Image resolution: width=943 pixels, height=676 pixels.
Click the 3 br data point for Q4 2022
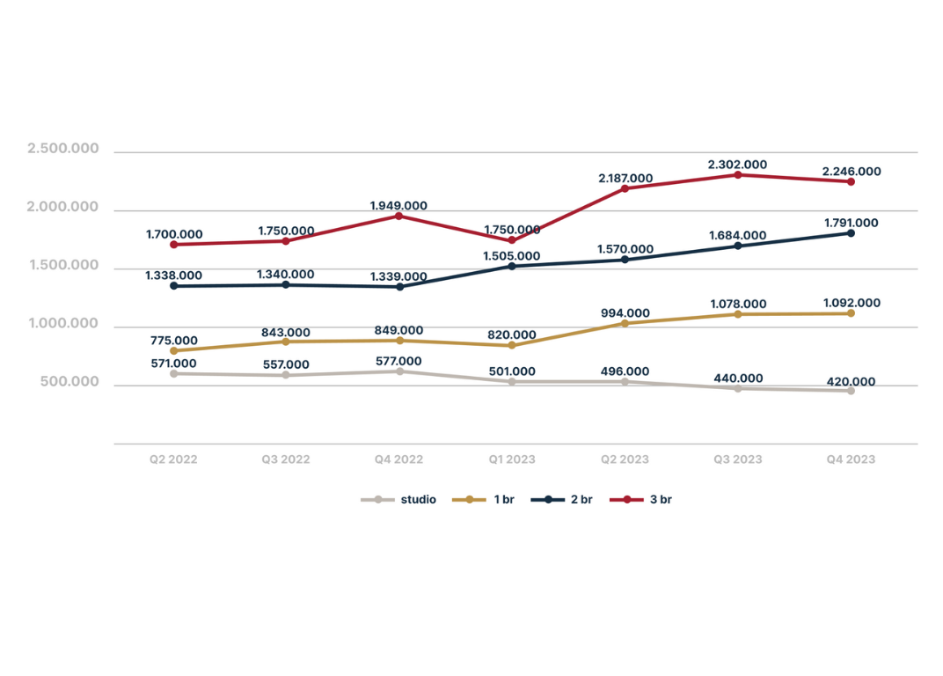click(398, 216)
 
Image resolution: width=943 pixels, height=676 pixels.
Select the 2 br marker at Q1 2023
click(512, 266)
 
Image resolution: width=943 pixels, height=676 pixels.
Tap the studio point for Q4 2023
click(851, 391)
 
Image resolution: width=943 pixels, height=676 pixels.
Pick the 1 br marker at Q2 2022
click(173, 350)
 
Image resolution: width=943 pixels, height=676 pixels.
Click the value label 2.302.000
click(737, 165)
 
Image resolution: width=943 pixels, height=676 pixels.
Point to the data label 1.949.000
click(398, 205)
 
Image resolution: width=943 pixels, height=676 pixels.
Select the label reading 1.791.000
click(851, 223)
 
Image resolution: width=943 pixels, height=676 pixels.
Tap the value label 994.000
click(625, 312)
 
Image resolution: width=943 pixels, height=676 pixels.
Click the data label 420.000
click(851, 382)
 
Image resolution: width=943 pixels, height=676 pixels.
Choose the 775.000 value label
click(173, 340)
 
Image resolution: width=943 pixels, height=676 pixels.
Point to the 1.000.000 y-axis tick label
click(62, 324)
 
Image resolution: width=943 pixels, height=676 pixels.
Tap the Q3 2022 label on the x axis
click(286, 459)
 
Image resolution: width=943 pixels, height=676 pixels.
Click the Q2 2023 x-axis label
click(625, 459)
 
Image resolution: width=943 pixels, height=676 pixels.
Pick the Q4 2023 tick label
click(851, 459)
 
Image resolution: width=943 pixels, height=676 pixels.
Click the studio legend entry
click(399, 499)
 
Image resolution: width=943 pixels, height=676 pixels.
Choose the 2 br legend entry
click(568, 499)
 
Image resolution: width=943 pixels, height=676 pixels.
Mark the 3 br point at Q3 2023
click(738, 175)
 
